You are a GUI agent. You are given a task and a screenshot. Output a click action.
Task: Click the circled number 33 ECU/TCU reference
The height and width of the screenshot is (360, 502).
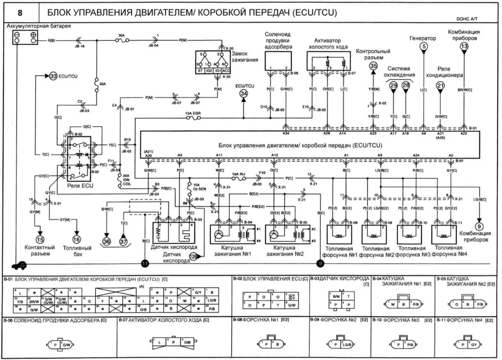tap(53, 76)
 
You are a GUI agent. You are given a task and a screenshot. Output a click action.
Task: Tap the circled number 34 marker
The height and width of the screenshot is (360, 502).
tap(244, 93)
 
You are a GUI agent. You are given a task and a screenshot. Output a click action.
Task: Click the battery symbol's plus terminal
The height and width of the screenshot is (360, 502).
tap(33, 36)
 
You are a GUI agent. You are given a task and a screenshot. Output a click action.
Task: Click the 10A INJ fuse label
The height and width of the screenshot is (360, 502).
tap(238, 173)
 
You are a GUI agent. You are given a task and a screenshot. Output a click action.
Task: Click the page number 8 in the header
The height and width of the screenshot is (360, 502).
tap(20, 13)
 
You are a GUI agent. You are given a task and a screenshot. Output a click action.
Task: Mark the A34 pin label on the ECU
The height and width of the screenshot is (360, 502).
tap(286, 133)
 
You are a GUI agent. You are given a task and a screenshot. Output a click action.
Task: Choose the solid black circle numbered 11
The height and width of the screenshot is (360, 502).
tap(145, 264)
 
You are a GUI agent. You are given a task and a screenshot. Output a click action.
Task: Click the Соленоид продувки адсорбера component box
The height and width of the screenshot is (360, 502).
tap(278, 62)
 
